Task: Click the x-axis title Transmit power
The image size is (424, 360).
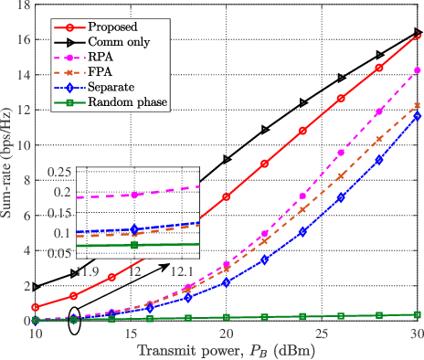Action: coord(226,350)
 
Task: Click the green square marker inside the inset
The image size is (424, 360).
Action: coord(134,245)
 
